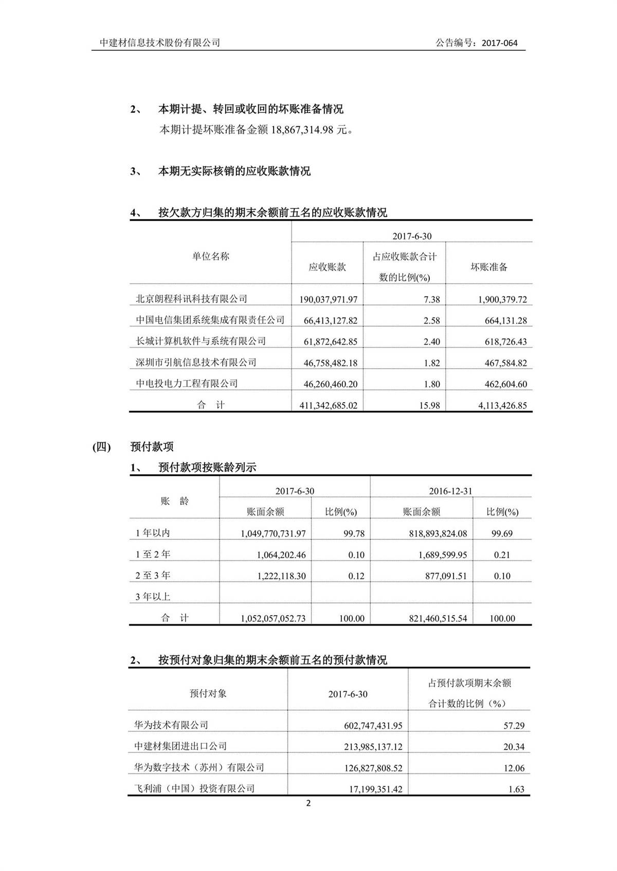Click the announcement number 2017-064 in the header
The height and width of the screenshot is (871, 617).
pyautogui.click(x=499, y=43)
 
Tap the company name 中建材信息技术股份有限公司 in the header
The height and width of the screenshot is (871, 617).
pyautogui.click(x=160, y=43)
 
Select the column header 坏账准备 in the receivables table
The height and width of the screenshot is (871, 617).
pyautogui.click(x=489, y=267)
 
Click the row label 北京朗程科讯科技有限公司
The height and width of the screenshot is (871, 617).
pyautogui.click(x=191, y=299)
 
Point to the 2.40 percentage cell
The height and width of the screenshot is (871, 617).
pyautogui.click(x=431, y=342)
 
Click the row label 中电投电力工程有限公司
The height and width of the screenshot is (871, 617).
pyautogui.click(x=187, y=384)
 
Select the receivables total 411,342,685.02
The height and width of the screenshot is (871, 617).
pyautogui.click(x=328, y=405)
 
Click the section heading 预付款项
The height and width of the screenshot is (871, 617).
pyautogui.click(x=152, y=447)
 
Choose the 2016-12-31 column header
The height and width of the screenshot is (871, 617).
pyautogui.click(x=450, y=491)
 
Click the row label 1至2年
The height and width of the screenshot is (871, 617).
pyautogui.click(x=153, y=555)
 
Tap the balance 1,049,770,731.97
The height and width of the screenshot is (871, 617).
pyautogui.click(x=273, y=534)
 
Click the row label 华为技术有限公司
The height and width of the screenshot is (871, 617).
pyautogui.click(x=171, y=725)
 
